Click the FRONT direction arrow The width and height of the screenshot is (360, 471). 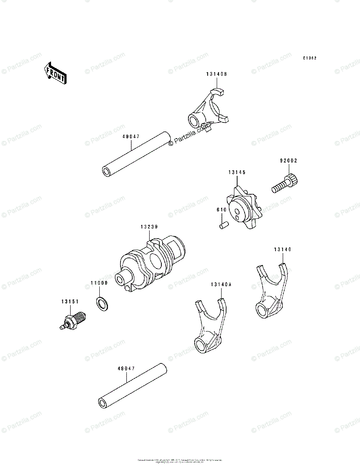pyautogui.click(x=55, y=73)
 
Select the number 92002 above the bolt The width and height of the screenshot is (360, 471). pyautogui.click(x=289, y=161)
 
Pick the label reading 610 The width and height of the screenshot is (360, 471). pyautogui.click(x=221, y=210)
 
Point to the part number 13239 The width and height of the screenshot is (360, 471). pyautogui.click(x=149, y=226)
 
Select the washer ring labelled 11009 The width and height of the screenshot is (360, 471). pyautogui.click(x=102, y=303)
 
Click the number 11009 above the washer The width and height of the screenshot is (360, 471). pyautogui.click(x=99, y=283)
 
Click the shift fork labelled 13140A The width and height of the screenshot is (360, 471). pyautogui.click(x=210, y=326)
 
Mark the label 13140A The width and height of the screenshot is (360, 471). pyautogui.click(x=221, y=285)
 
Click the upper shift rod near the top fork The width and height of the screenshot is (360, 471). pyautogui.click(x=137, y=155)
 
